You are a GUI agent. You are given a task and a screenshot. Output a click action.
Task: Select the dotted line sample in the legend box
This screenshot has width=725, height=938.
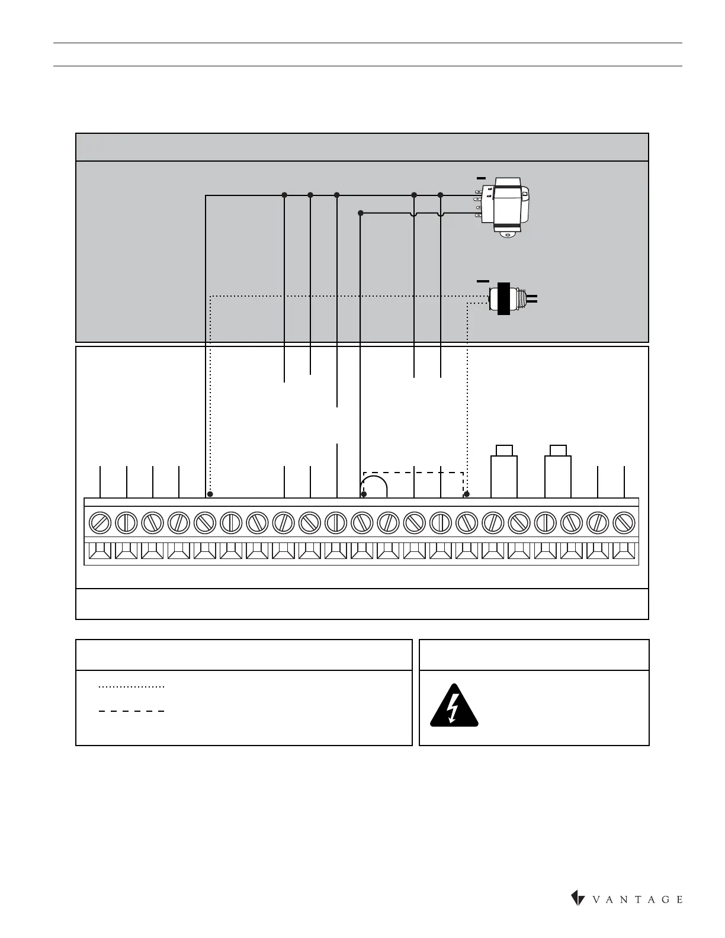pos(131,687)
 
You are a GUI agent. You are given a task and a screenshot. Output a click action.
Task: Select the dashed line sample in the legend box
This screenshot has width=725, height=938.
pos(131,711)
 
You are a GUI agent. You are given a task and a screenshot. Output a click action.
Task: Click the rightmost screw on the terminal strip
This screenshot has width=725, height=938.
pos(624,523)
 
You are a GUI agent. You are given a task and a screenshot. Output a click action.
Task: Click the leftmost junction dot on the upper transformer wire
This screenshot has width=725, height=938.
pos(284,195)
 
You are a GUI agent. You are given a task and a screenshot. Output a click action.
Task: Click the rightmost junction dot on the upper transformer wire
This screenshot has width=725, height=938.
pos(440,195)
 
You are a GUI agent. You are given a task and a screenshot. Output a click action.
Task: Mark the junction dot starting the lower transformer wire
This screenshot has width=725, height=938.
pos(360,213)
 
